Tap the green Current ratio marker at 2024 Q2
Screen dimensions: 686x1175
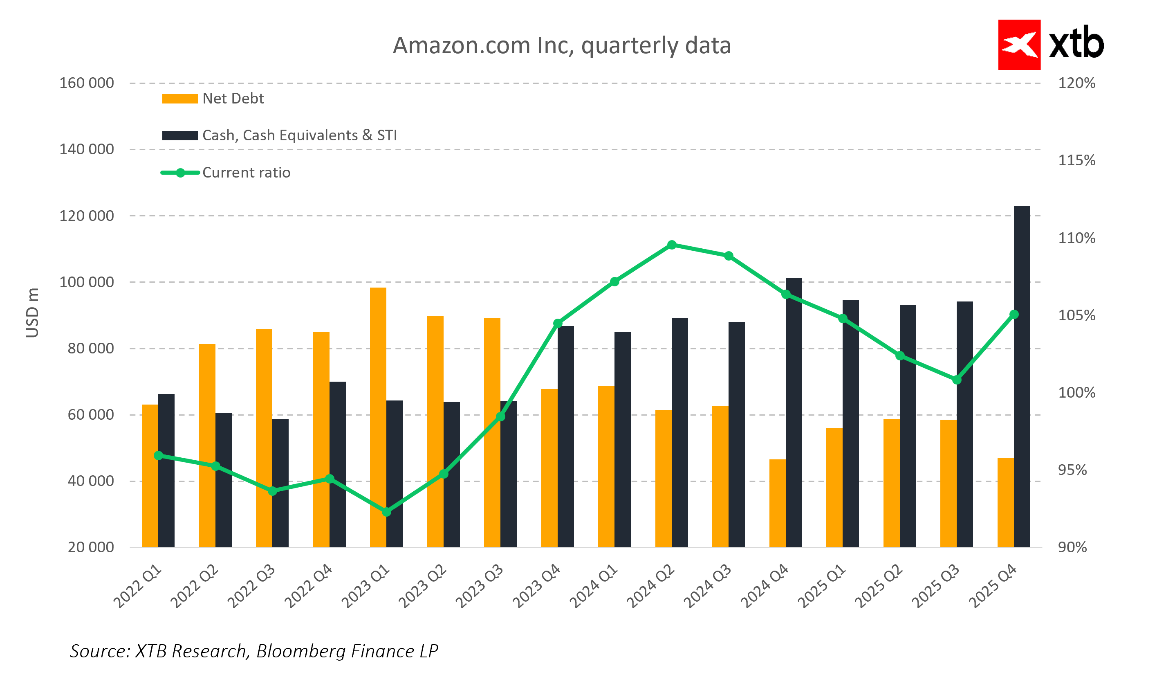tap(671, 245)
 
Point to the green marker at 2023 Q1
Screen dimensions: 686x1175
tap(386, 512)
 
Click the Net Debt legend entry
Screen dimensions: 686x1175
tap(233, 99)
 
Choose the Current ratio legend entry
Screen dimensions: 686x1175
tap(246, 173)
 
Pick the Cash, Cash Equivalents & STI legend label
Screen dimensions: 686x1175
tap(299, 135)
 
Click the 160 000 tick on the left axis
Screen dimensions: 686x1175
tap(86, 83)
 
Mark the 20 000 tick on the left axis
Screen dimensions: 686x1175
tap(90, 547)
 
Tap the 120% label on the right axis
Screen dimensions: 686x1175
tap(1076, 83)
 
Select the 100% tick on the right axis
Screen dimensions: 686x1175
tap(1076, 392)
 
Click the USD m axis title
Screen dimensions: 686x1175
tap(32, 312)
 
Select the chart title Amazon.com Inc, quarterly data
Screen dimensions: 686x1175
tap(561, 46)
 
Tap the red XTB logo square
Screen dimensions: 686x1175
tap(1019, 45)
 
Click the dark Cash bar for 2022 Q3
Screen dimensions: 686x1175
tap(280, 483)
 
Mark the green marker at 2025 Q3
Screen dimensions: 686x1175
tap(956, 380)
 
